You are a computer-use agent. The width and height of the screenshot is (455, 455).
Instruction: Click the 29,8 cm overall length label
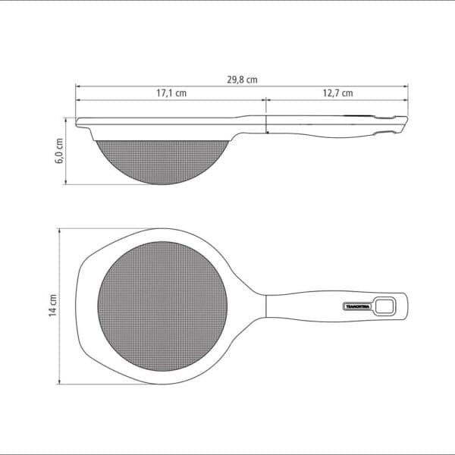[x=241, y=79]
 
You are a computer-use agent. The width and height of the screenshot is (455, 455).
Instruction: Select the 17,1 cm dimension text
[x=171, y=93]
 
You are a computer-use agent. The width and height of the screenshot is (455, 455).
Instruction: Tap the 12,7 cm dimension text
[x=337, y=93]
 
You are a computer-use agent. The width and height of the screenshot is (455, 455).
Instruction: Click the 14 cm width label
[x=52, y=306]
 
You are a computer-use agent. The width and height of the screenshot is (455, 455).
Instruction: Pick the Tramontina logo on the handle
[x=354, y=306]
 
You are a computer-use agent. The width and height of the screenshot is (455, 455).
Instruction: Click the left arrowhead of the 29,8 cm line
[x=77, y=86]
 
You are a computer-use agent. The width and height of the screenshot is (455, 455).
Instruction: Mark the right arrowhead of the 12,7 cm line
[x=407, y=99]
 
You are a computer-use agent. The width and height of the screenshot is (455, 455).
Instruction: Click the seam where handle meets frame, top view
[x=266, y=306]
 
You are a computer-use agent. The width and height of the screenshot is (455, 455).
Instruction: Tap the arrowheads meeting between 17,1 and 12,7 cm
[x=265, y=99]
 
